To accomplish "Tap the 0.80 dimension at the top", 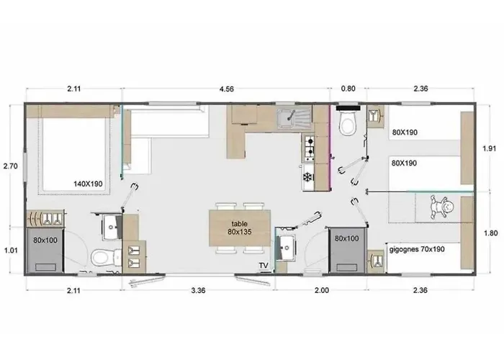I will (x=348, y=90).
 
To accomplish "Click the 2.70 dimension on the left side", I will (x=11, y=166).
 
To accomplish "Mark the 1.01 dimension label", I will (x=11, y=251).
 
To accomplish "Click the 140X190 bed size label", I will (x=89, y=184).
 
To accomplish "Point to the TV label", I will (x=264, y=266).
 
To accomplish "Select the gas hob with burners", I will (x=308, y=148).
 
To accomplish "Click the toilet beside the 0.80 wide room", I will (x=348, y=124).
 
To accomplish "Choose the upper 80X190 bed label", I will (x=405, y=132).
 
